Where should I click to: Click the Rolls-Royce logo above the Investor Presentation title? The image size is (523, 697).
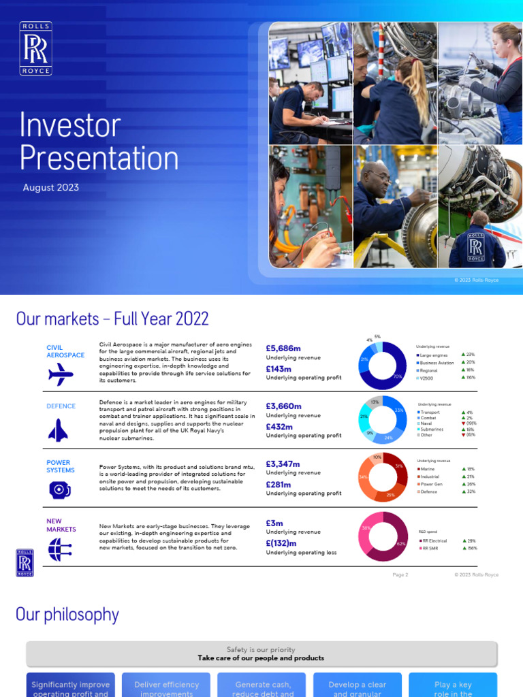point(35,48)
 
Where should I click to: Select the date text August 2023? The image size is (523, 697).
point(51,187)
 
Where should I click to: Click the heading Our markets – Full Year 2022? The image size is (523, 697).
point(112,319)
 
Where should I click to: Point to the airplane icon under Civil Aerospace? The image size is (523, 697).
point(61,374)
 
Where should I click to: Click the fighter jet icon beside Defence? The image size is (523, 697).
point(58,429)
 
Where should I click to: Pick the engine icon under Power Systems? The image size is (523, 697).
point(59,489)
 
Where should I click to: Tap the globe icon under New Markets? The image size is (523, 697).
point(59,549)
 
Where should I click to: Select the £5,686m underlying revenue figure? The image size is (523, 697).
point(283,348)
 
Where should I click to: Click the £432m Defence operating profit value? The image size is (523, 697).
point(279,427)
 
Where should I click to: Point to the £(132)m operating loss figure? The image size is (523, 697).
point(281,543)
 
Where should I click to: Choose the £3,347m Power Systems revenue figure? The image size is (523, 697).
point(283,464)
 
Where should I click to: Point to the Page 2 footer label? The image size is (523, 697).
point(400,574)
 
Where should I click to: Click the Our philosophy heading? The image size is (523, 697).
point(67,615)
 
